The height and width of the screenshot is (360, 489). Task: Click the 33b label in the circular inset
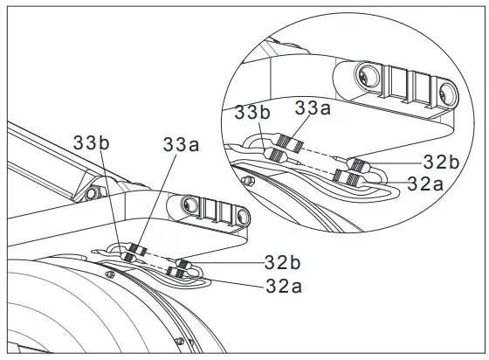click(251, 113)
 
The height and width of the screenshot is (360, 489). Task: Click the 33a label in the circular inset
click(311, 108)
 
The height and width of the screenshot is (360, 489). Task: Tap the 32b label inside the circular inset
click(442, 162)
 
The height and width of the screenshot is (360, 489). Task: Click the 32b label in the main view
click(283, 261)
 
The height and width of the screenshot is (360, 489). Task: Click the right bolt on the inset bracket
click(446, 90)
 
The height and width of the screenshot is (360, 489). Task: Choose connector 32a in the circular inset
click(348, 177)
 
